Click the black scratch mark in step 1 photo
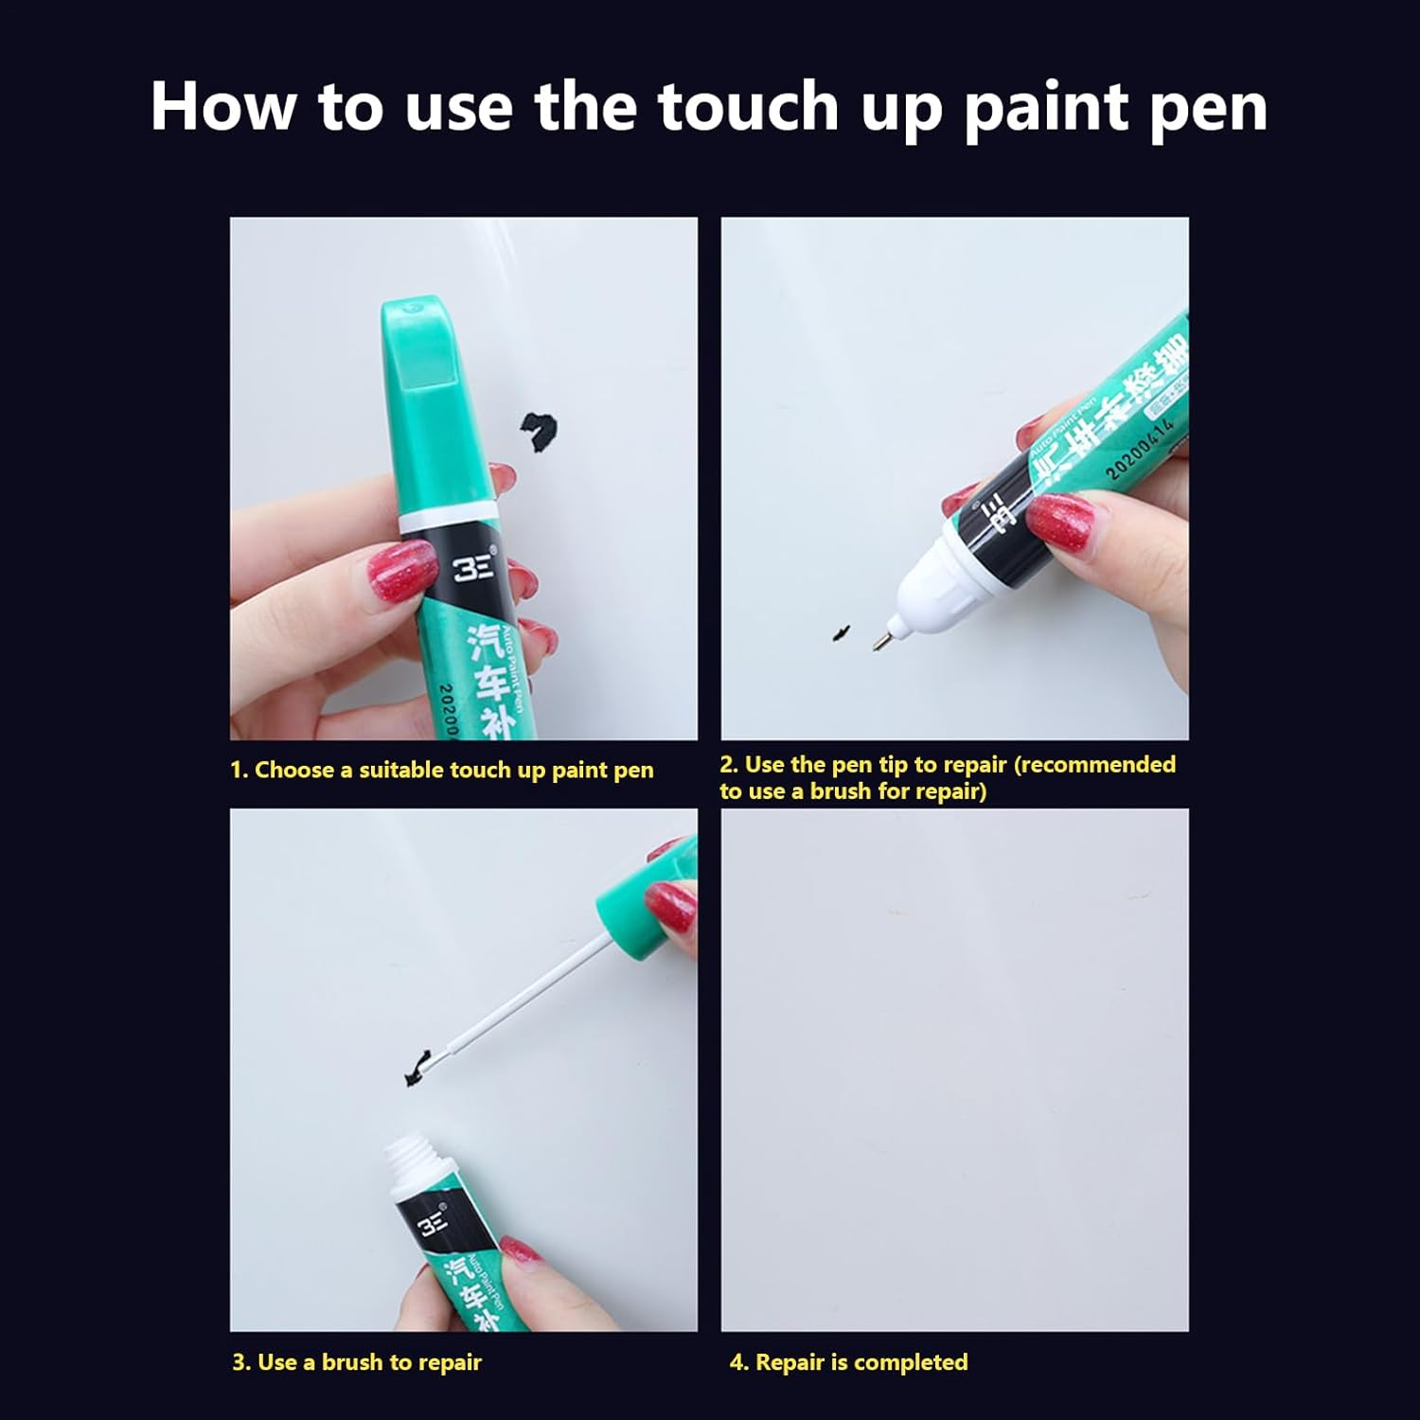coord(538,431)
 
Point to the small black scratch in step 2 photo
coord(841,631)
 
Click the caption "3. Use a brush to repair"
coord(357,1362)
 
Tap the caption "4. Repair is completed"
coord(848,1362)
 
